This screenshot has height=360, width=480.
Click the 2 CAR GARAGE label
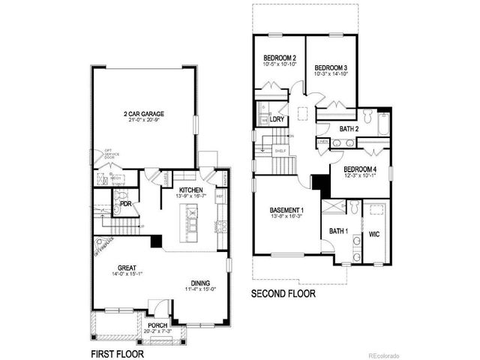point(144,114)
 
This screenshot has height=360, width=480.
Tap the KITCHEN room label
point(190,190)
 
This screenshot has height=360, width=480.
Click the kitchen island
point(192,223)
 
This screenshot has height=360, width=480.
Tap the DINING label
point(199,283)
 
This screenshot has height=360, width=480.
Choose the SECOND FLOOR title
point(283,294)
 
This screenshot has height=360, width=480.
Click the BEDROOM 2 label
point(280,58)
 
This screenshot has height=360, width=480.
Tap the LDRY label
point(277,118)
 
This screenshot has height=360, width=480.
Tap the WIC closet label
point(373,234)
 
